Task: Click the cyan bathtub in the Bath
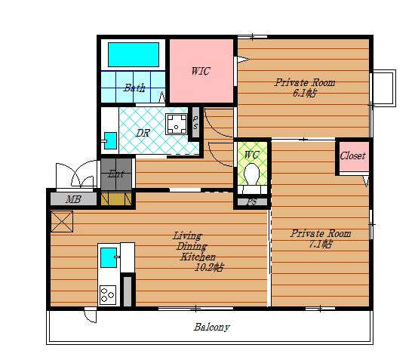[134, 54]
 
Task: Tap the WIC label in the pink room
[201, 71]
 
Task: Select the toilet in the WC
[252, 174]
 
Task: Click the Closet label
[352, 155]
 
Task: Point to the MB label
[73, 199]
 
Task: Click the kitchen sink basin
[109, 257]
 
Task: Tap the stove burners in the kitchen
[108, 294]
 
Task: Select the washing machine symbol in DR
[177, 124]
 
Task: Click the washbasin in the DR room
[110, 140]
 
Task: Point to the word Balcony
[212, 328]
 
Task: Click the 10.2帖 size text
[209, 267]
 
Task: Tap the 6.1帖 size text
[304, 93]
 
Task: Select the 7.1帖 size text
[321, 244]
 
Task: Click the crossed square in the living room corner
[62, 221]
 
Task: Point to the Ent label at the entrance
[116, 174]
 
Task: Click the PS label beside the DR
[195, 122]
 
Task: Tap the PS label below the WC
[252, 202]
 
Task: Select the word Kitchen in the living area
[198, 257]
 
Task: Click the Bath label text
[134, 88]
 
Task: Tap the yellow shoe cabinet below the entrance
[116, 199]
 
